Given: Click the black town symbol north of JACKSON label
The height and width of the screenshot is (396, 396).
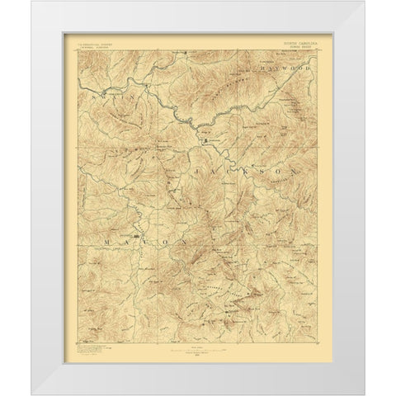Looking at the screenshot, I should coord(205,143).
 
